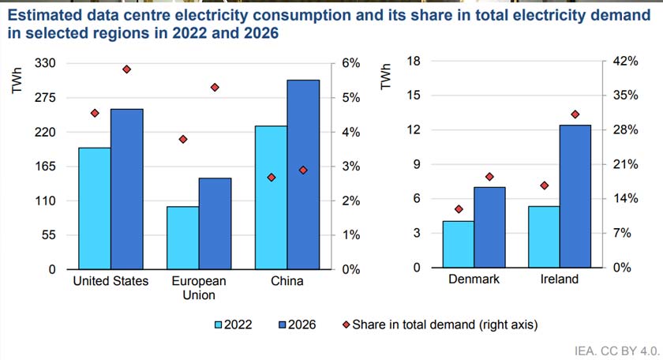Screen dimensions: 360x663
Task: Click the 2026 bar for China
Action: [303, 174]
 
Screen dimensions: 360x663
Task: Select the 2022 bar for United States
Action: [94, 208]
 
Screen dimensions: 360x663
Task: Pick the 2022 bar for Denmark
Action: [458, 244]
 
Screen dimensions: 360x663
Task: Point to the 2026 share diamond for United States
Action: [126, 69]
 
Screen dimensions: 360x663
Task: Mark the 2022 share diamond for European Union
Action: [183, 139]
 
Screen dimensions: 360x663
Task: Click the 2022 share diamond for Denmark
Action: [459, 209]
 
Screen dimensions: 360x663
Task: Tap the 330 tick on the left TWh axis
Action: [46, 63]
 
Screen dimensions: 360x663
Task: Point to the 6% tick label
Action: [350, 63]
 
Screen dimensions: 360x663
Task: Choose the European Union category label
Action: [199, 288]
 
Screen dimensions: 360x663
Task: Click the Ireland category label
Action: [559, 279]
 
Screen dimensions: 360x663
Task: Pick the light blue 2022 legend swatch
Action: [219, 324]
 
